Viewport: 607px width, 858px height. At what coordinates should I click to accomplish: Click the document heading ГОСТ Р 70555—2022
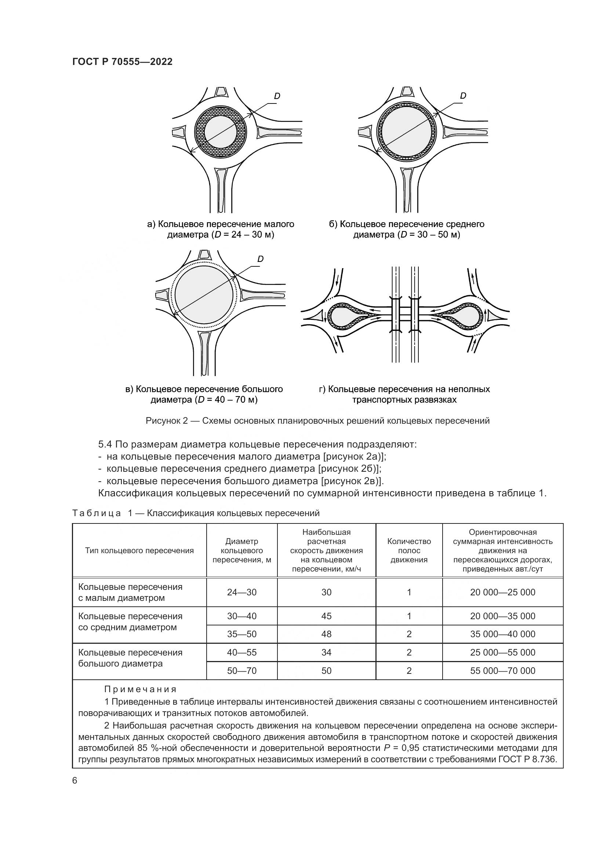(122, 62)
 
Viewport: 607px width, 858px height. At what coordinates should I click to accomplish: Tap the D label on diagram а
(277, 96)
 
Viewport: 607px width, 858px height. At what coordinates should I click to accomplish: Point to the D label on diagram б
(463, 96)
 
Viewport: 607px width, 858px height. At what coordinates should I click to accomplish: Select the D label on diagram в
(261, 259)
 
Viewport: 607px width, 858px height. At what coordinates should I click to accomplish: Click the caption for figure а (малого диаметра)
(221, 229)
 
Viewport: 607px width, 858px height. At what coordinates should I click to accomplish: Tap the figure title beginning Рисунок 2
(317, 421)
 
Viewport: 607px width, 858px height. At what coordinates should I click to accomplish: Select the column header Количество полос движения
(409, 551)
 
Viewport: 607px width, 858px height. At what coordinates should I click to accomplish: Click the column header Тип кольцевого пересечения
(139, 551)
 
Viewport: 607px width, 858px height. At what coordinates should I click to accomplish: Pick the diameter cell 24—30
(242, 592)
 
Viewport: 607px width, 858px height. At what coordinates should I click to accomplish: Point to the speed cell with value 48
(326, 634)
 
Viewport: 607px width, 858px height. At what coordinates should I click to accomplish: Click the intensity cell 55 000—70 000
(503, 671)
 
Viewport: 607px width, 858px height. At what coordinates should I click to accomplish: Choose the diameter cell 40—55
(242, 653)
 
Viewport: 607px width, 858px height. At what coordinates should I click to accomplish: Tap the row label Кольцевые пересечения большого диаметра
(130, 658)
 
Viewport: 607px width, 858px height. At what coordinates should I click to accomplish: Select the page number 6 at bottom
(75, 781)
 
